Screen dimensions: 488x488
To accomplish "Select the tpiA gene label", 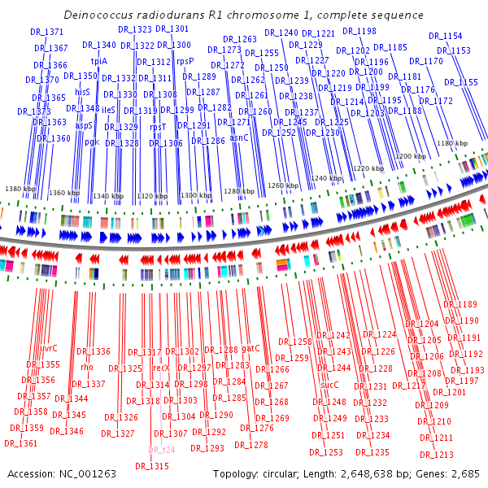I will point(99,61).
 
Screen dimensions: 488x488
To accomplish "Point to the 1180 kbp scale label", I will point(452,143).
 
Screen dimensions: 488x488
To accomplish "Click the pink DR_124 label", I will point(161,450).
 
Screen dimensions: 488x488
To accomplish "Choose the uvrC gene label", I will point(49,348).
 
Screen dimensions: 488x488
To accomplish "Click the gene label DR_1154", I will point(445,36).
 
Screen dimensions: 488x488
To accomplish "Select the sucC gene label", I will point(329,385).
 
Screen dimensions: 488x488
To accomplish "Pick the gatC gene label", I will point(251,348).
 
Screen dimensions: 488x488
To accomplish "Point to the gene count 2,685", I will point(468,474).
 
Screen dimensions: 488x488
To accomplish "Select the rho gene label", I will point(87,367).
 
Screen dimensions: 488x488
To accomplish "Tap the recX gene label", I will point(161,368).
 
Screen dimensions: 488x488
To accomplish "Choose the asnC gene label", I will point(239,137).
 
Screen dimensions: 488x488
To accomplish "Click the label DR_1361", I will point(21,443).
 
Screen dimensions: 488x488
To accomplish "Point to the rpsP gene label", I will point(185,61).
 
